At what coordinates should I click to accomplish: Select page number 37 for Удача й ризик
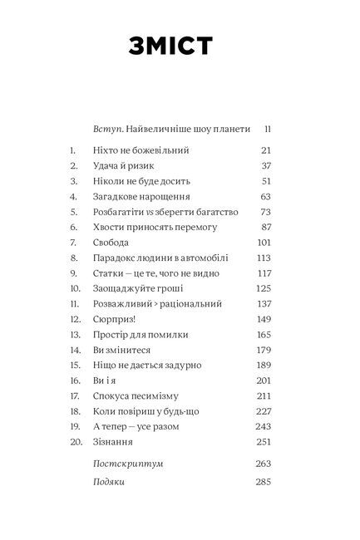pos(266,165)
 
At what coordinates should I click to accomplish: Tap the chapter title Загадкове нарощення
pos(144,197)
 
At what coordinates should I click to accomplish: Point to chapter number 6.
pos(73,227)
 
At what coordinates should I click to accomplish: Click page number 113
pos(264,258)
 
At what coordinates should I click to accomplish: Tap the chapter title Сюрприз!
pos(119,319)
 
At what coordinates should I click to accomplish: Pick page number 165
pos(264,334)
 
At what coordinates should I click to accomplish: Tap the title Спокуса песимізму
pos(138,395)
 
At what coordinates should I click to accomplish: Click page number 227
pos(264,411)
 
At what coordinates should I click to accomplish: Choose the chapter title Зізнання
pos(119,441)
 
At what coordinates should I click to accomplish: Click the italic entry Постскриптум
pos(131,464)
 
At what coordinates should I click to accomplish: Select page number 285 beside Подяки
pos(263,482)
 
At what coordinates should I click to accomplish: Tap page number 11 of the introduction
pos(268,129)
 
